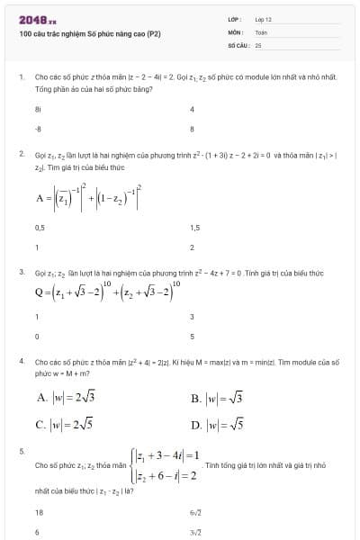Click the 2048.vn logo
click(x=37, y=19)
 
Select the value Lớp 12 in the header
click(x=263, y=19)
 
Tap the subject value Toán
click(x=261, y=31)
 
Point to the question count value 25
click(x=258, y=43)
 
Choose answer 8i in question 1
click(x=38, y=109)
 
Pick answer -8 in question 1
click(x=38, y=129)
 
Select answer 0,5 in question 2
click(x=40, y=228)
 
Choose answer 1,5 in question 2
click(x=194, y=228)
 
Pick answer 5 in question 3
click(x=192, y=336)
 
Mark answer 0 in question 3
click(x=37, y=336)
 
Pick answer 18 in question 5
click(x=39, y=511)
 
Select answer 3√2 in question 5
click(x=195, y=532)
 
